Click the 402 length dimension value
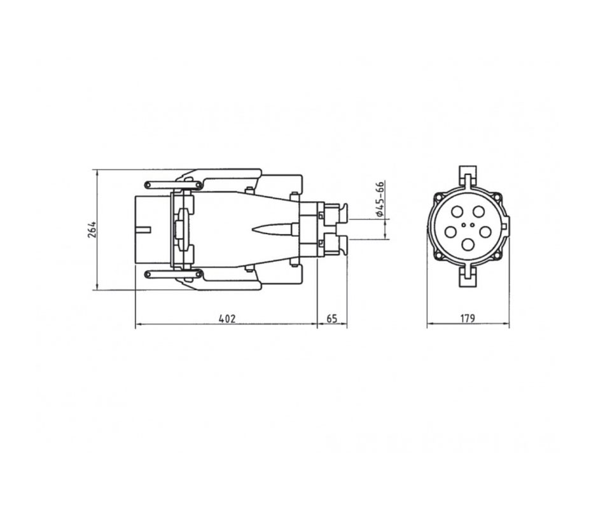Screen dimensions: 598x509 click(227, 318)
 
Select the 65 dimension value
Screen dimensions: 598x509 click(332, 318)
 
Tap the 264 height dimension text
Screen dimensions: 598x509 click(92, 229)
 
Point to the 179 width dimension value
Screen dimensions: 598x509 click(468, 318)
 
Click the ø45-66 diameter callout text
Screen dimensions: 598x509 click(380, 199)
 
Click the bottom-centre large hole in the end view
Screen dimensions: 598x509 click(468, 244)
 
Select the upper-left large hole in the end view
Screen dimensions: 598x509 click(457, 211)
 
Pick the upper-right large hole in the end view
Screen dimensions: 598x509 click(478, 211)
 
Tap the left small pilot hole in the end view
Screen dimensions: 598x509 click(463, 225)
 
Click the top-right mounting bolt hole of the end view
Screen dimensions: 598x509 click(497, 197)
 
